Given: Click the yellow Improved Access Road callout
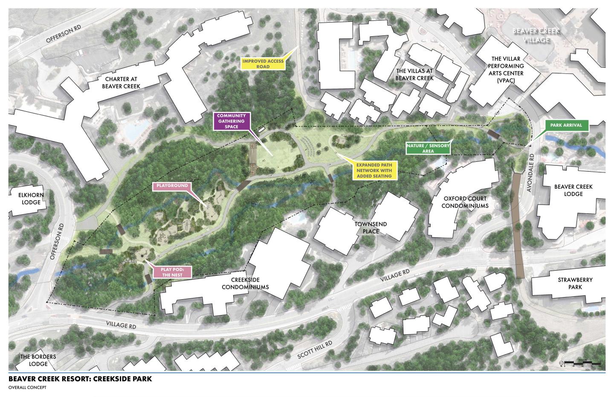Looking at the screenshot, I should (x=263, y=64).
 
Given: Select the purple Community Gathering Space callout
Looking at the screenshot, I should (x=231, y=121).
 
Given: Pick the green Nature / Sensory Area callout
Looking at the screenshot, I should (x=427, y=148).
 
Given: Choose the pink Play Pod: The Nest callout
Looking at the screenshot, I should (x=172, y=272).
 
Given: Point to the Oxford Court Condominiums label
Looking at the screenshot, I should (x=464, y=202).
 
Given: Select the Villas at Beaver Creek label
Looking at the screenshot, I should (x=414, y=74).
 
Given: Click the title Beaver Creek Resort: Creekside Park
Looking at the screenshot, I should (x=80, y=379).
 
